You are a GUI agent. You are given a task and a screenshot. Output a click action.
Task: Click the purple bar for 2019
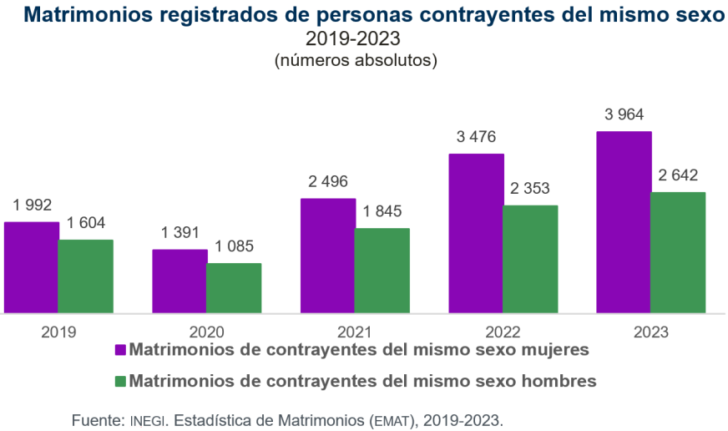pyautogui.click(x=31, y=267)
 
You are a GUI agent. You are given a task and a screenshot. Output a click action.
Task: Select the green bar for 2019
pyautogui.click(x=85, y=276)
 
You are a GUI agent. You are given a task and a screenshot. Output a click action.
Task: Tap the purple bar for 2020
pyautogui.click(x=179, y=281)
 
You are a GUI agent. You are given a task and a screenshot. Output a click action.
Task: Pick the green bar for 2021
pyautogui.click(x=382, y=271)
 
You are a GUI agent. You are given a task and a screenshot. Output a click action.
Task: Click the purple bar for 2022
pyautogui.click(x=476, y=234)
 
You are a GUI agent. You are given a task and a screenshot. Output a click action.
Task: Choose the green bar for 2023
pyautogui.click(x=678, y=253)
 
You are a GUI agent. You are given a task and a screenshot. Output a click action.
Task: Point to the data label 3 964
pyautogui.click(x=624, y=115)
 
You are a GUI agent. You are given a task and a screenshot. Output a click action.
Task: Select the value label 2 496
pyautogui.click(x=327, y=182)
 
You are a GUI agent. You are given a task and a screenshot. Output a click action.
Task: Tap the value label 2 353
pyautogui.click(x=530, y=188)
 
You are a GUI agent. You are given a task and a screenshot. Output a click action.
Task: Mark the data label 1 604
pyautogui.click(x=85, y=223)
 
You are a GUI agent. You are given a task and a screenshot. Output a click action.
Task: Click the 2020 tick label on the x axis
pyautogui.click(x=206, y=332)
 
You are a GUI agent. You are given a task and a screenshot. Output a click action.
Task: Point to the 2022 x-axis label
pyautogui.click(x=503, y=332)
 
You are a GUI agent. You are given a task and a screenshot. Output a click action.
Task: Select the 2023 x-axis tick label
pyautogui.click(x=651, y=332)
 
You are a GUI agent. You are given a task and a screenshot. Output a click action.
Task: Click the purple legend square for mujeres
pyautogui.click(x=120, y=349)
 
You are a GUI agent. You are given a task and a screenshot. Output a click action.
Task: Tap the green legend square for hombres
pyautogui.click(x=120, y=381)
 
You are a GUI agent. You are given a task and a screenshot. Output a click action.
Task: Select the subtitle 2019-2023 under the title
pyautogui.click(x=353, y=38)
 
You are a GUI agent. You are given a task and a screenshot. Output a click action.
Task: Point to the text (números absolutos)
pyautogui.click(x=356, y=60)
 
